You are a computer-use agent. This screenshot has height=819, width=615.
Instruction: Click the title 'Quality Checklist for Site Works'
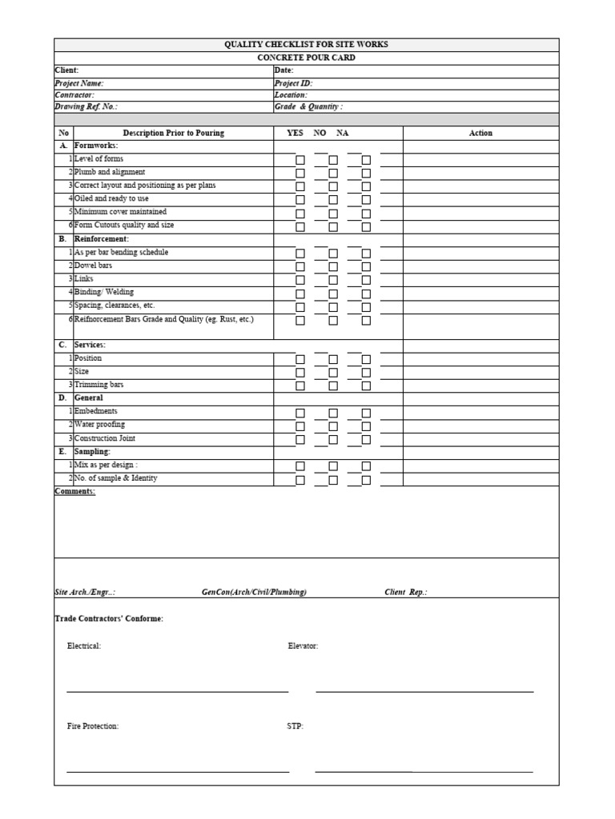tap(306, 45)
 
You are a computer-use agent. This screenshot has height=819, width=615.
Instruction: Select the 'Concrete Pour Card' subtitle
tap(306, 58)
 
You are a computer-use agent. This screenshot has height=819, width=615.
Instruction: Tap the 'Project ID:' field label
tap(293, 83)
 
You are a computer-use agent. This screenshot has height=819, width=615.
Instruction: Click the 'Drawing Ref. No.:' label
tap(86, 106)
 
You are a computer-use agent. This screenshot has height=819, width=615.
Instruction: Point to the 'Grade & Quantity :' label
tap(308, 106)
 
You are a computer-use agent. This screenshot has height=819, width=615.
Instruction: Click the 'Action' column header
tap(480, 134)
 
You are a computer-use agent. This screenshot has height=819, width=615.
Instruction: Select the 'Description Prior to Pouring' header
tap(173, 134)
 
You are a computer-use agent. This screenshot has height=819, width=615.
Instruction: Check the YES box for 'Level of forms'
tap(300, 160)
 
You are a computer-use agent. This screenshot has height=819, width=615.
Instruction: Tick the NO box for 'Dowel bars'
tap(333, 266)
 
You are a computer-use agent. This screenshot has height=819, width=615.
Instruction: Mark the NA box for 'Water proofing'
tap(366, 426)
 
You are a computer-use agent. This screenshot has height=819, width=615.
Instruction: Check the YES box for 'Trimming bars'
tap(300, 386)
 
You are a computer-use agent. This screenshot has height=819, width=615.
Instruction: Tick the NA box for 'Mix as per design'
tap(366, 466)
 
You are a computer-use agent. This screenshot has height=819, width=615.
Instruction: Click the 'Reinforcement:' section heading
tap(101, 239)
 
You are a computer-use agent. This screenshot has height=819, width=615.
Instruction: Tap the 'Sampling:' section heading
tap(92, 452)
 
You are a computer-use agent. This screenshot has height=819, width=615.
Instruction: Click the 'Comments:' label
tap(74, 491)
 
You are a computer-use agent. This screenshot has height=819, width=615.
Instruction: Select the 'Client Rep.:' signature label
tap(406, 593)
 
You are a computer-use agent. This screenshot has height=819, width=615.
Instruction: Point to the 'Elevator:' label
tap(303, 646)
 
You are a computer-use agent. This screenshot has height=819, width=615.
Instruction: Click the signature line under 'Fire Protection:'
tap(178, 771)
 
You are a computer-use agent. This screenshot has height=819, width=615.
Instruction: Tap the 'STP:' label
tap(295, 726)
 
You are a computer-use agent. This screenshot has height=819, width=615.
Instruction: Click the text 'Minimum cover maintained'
tap(120, 212)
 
